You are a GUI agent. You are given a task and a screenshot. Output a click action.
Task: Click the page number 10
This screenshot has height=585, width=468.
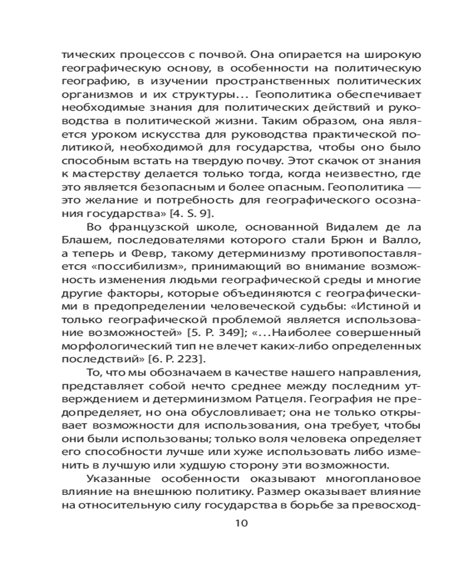coord(241,523)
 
